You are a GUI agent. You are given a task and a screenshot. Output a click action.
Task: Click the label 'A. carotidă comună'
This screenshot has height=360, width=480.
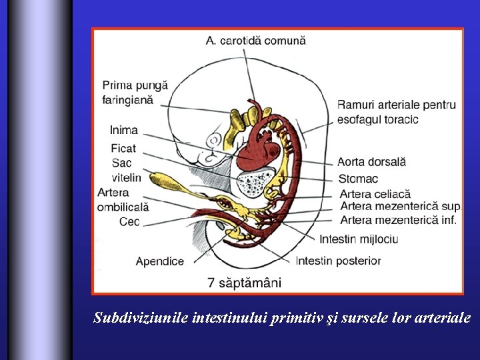click(x=255, y=41)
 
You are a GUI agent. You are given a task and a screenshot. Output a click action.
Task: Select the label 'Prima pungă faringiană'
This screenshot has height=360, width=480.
click(x=135, y=93)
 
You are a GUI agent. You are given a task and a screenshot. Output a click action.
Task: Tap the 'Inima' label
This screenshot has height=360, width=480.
click(x=124, y=130)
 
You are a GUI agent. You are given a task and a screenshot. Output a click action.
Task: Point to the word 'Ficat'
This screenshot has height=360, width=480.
click(x=124, y=148)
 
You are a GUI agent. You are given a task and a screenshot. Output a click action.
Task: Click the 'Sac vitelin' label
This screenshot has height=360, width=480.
click(x=126, y=170)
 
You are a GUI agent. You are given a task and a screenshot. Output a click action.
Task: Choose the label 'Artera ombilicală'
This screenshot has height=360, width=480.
click(x=123, y=199)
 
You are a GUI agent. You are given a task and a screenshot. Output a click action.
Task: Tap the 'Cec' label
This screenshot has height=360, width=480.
click(x=129, y=221)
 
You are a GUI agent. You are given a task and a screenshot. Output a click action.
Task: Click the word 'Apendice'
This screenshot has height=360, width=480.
click(x=159, y=261)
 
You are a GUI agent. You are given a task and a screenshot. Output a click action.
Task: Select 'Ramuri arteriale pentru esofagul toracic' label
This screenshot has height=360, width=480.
click(x=396, y=112)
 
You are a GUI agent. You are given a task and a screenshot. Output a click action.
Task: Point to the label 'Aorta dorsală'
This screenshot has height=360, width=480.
click(x=371, y=162)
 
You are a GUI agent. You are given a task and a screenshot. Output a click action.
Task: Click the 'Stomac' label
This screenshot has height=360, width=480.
click(x=357, y=179)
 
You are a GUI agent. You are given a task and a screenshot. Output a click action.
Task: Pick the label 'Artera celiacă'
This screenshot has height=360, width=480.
click(x=375, y=194)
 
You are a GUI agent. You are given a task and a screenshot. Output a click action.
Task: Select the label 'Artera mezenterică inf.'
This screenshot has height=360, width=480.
click(x=398, y=219)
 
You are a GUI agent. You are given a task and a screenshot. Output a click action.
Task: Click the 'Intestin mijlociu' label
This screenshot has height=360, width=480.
click(x=359, y=239)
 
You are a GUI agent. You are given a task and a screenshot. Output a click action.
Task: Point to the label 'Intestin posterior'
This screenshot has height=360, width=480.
click(x=338, y=260)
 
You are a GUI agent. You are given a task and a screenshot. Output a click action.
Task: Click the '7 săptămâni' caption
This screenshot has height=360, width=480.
click(x=244, y=283)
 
